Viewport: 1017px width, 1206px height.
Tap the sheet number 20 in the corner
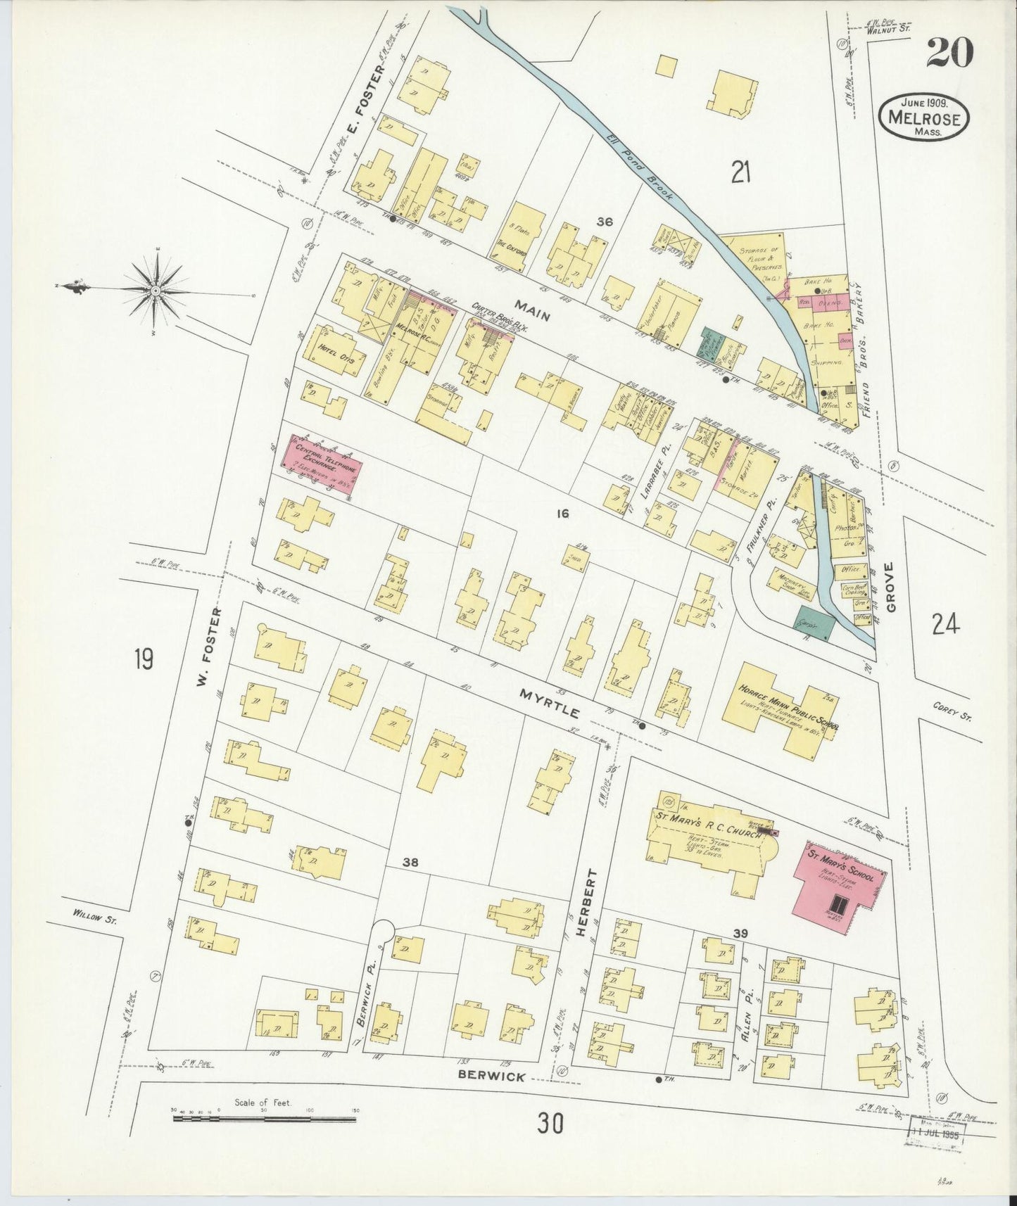pos(949,52)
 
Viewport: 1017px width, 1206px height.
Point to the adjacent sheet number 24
pos(945,623)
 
